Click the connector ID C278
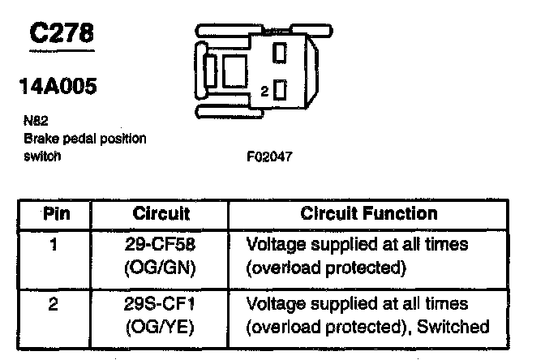coord(61,33)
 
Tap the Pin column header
coord(55,214)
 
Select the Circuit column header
coord(161,214)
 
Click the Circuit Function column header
coord(369,214)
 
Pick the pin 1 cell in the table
coord(53,242)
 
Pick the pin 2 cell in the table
coord(53,304)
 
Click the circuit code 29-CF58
coord(161,242)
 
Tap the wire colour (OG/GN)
coord(161,265)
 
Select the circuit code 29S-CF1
coord(161,305)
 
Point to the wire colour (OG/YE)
coord(161,328)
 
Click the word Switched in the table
coord(458,328)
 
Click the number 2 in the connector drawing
coord(264,92)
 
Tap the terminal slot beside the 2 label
coord(280,89)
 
